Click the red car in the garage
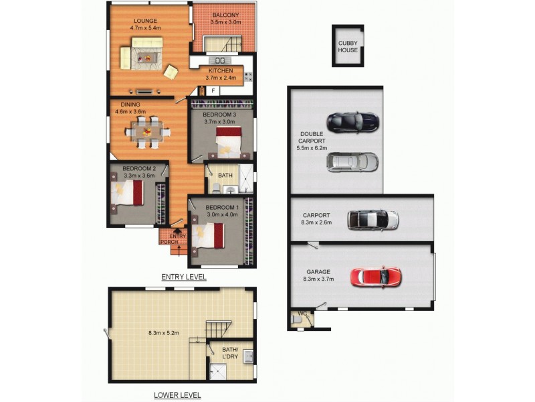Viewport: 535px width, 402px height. (376, 276)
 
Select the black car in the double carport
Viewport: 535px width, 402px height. (353, 123)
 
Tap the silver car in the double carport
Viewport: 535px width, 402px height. (353, 162)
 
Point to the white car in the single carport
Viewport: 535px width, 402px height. (372, 220)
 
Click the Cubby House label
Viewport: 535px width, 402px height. (347, 46)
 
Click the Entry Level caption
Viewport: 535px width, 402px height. (184, 277)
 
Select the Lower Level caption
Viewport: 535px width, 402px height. (177, 395)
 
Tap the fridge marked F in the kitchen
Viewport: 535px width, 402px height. (213, 90)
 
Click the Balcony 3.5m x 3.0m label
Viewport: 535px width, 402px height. (225, 19)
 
